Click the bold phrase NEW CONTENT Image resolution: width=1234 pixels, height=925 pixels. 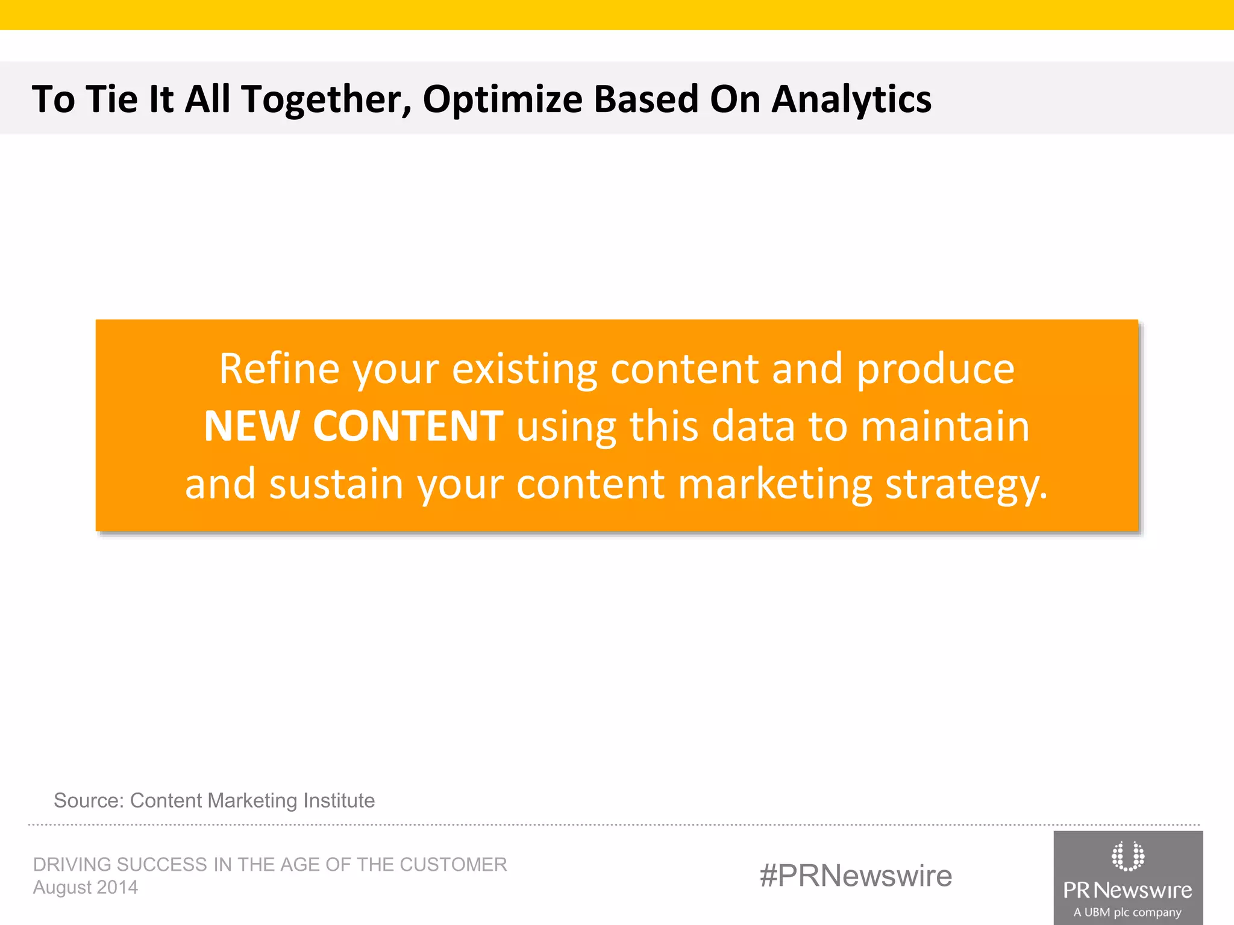click(354, 426)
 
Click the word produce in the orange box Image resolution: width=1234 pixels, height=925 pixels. click(936, 370)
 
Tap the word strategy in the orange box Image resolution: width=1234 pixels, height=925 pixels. click(965, 485)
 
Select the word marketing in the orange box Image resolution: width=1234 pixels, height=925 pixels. click(775, 485)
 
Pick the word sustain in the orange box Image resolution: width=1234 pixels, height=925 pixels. click(336, 484)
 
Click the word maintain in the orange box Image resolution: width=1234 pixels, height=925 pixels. click(945, 426)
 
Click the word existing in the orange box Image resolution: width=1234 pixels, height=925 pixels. click(525, 369)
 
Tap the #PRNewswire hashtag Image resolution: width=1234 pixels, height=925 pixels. click(856, 876)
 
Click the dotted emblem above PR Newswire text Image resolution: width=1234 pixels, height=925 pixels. click(1127, 856)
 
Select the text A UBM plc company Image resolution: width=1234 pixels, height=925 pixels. click(1127, 912)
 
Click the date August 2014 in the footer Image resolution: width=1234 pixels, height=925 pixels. click(86, 887)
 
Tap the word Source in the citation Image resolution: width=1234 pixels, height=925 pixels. click(88, 800)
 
